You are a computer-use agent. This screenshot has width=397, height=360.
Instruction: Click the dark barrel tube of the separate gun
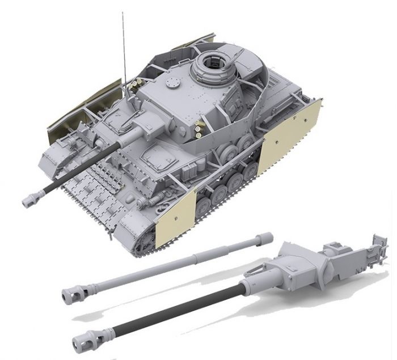pyautogui.click(x=170, y=308)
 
